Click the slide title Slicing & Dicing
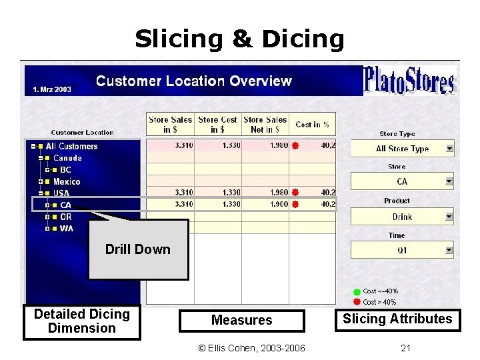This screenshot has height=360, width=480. [239, 39]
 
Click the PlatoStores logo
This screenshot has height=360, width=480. [409, 81]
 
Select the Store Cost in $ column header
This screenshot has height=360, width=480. [218, 124]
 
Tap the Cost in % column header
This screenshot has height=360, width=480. [312, 124]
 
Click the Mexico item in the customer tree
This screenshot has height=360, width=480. [67, 181]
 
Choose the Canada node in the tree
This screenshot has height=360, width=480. [67, 158]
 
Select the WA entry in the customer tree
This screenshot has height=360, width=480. [67, 229]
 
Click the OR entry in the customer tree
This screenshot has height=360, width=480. [66, 217]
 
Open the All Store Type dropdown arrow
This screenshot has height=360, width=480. [449, 149]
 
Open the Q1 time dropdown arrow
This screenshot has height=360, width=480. [449, 251]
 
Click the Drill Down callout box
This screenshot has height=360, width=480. [138, 249]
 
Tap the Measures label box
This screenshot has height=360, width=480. [241, 320]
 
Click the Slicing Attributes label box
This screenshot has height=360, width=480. [397, 319]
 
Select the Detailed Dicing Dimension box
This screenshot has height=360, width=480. [81, 321]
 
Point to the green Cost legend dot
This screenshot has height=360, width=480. [357, 291]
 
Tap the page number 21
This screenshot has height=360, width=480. [405, 348]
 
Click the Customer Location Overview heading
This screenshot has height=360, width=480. [193, 81]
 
